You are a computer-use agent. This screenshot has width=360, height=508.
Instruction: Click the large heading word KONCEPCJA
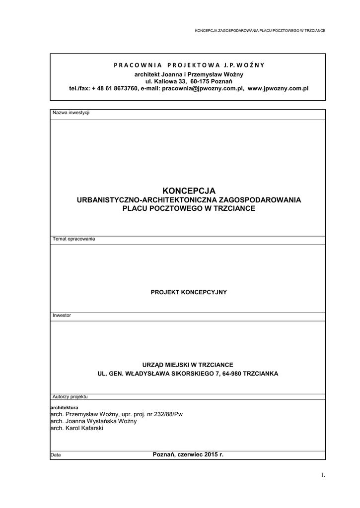click(189, 190)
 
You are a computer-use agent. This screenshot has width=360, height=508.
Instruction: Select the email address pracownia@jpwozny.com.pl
click(203, 88)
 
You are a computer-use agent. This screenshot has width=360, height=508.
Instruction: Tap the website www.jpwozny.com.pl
click(278, 88)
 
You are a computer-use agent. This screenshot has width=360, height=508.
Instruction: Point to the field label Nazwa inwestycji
click(71, 113)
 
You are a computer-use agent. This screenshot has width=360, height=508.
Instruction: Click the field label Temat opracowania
click(73, 239)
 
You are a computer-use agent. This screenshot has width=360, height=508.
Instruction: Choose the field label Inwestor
click(62, 316)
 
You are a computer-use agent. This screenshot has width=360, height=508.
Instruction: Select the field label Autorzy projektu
click(70, 397)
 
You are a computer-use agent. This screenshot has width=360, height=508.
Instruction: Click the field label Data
click(56, 455)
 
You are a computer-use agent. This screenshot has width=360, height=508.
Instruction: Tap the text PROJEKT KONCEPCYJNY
click(189, 292)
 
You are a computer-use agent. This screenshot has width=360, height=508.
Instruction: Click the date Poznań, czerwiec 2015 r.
click(188, 454)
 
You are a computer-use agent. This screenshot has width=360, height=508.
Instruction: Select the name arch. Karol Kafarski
click(77, 428)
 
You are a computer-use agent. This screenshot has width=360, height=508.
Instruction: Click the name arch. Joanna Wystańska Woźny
click(93, 421)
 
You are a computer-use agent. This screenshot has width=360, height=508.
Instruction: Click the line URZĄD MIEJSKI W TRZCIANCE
click(188, 364)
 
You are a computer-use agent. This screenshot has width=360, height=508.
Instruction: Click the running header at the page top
click(260, 30)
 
